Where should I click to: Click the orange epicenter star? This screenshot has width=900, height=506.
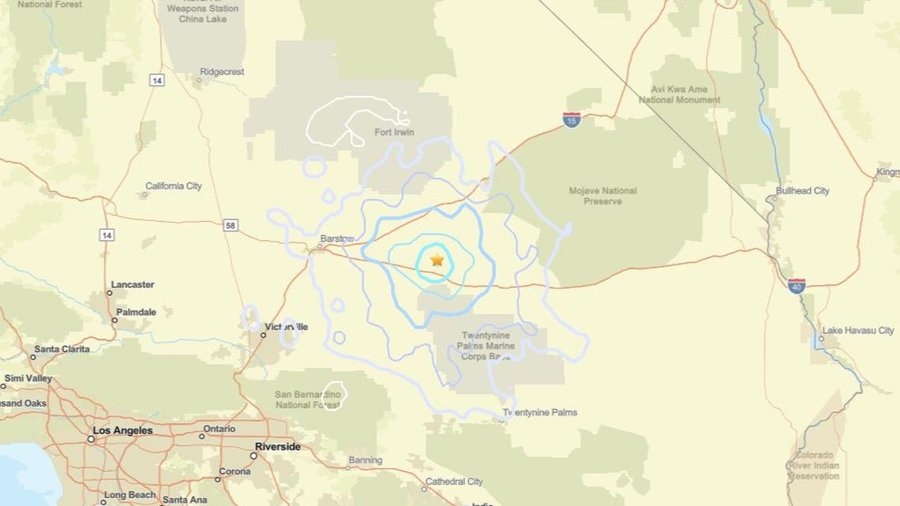[437, 260]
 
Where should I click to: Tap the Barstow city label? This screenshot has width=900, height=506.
[337, 238]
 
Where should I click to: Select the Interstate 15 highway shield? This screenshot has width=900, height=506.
[572, 120]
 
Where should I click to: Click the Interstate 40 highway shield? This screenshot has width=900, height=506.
[797, 286]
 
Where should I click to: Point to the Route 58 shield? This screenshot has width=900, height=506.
[231, 226]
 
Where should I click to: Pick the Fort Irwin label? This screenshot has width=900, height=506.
[394, 133]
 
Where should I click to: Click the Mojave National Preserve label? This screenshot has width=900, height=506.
[602, 196]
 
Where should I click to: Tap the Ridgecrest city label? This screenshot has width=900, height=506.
[222, 72]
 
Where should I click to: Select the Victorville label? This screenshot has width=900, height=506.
[287, 327]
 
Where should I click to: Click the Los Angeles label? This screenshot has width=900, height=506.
[122, 431]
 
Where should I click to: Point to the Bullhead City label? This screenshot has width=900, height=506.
[802, 191]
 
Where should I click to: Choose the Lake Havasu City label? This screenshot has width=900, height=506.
[858, 331]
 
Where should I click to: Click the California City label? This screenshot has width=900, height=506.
[174, 186]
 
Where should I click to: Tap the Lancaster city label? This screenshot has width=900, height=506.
[133, 285]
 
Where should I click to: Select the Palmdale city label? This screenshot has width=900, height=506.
[136, 313]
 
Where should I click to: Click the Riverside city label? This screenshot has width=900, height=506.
[277, 447]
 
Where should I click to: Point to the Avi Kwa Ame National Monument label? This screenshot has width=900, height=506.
[679, 95]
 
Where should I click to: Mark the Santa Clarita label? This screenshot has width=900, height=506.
[62, 349]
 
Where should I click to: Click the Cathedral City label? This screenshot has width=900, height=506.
[454, 482]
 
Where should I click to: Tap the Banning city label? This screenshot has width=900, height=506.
[365, 460]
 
